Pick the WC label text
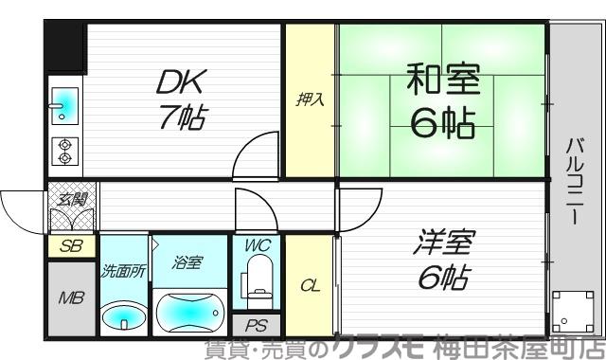258,245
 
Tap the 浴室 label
187,262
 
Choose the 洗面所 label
123,271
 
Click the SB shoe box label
69,246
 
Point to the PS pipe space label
257,325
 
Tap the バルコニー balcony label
575,180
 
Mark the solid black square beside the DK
64,43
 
